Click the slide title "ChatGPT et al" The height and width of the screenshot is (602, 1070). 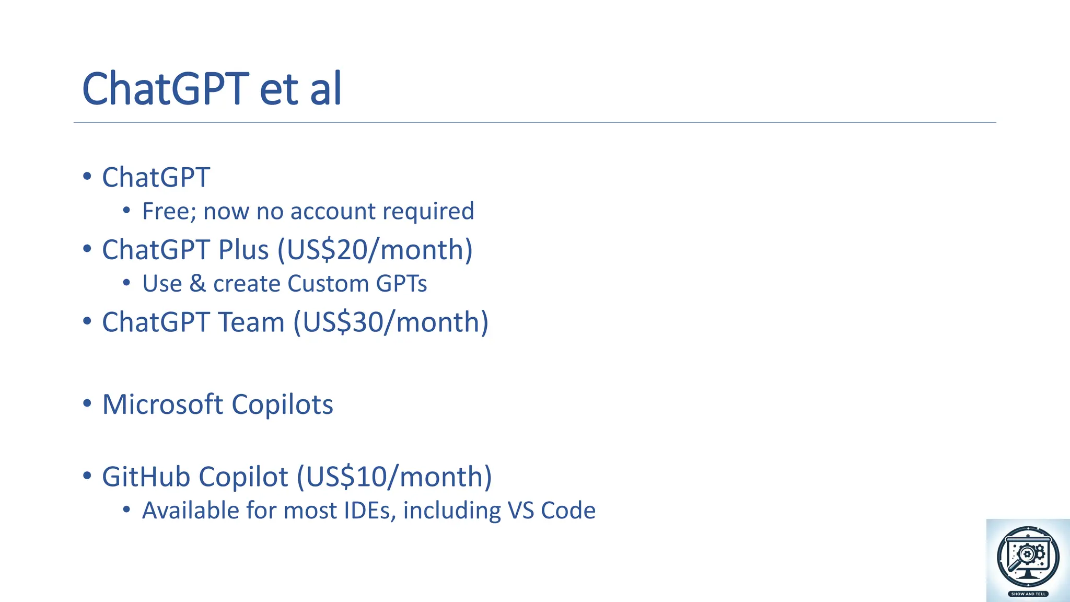coord(212,89)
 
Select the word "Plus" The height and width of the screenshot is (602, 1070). coord(243,250)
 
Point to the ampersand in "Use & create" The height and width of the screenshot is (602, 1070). coord(197,284)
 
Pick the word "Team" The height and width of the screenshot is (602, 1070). coord(251,322)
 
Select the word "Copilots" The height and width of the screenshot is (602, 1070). coord(282,404)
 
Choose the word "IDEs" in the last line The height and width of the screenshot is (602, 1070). coord(368,511)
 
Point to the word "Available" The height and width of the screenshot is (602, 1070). coord(191,511)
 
